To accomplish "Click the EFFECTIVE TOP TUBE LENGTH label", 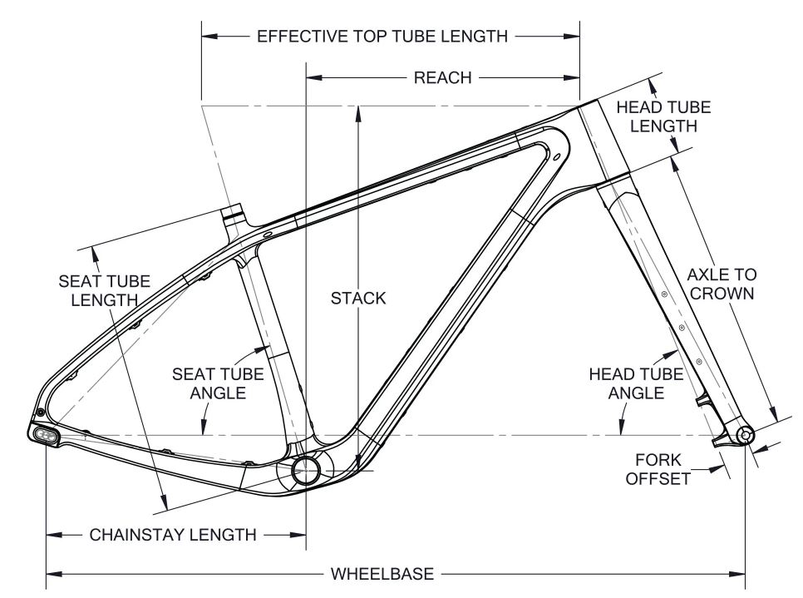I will [382, 37].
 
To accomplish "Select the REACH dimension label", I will [442, 78].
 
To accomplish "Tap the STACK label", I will [358, 298].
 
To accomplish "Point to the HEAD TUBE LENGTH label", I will [663, 116].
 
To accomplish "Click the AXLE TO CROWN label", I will [722, 283].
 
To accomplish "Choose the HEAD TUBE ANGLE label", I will [637, 383].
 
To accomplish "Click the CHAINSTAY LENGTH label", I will [173, 534].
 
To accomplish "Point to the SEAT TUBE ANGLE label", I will [218, 383].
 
